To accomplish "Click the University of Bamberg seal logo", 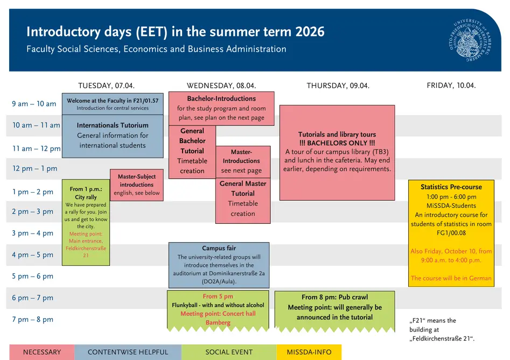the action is click(470, 40).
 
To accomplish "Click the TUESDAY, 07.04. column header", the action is click(106, 86).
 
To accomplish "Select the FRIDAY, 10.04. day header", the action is click(451, 85).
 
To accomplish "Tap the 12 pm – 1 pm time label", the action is click(34, 168).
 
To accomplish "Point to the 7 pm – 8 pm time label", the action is click(32, 320).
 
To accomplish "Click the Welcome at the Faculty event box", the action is click(113, 104).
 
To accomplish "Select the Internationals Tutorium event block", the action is click(113, 136).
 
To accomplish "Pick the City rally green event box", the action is click(86, 223).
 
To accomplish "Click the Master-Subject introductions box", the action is click(137, 185).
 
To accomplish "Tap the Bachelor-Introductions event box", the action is click(221, 109).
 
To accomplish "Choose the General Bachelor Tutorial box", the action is click(192, 152).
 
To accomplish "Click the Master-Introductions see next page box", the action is click(243, 162).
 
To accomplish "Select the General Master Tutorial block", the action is click(243, 201).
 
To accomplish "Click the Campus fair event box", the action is click(219, 265).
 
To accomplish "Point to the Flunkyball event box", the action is click(218, 311).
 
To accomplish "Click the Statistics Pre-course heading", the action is click(451, 187).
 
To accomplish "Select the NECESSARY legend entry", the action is click(42, 352).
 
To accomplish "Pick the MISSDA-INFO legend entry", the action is click(309, 352).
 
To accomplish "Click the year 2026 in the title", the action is click(310, 32).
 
